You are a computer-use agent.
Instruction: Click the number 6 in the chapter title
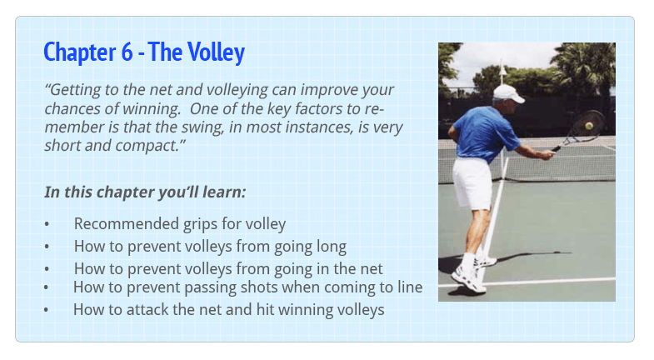click(127, 52)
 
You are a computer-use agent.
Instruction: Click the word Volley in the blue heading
click(216, 53)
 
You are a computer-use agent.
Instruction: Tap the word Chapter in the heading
click(80, 53)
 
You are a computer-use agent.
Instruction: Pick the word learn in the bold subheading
click(224, 192)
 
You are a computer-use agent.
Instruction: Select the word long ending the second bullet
click(332, 247)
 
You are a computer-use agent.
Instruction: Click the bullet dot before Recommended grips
click(47, 224)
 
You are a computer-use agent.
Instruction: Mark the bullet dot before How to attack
click(46, 310)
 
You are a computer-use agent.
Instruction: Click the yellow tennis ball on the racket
click(589, 126)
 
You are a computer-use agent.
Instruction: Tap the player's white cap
click(508, 93)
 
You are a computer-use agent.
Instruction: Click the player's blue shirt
click(484, 133)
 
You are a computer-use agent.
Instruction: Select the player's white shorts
click(472, 182)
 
